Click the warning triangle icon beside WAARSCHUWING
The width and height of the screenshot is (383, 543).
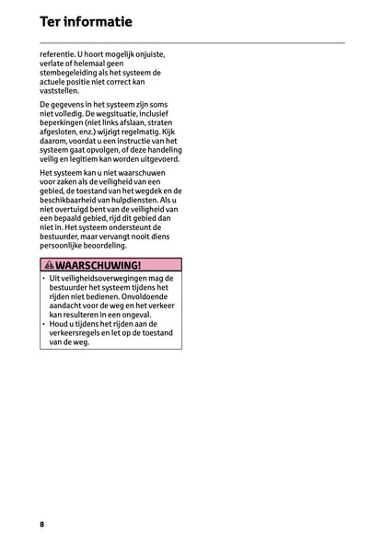[x=48, y=264]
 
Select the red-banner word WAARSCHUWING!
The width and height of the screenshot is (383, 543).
[x=99, y=264]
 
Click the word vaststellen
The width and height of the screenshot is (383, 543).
[x=60, y=91]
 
